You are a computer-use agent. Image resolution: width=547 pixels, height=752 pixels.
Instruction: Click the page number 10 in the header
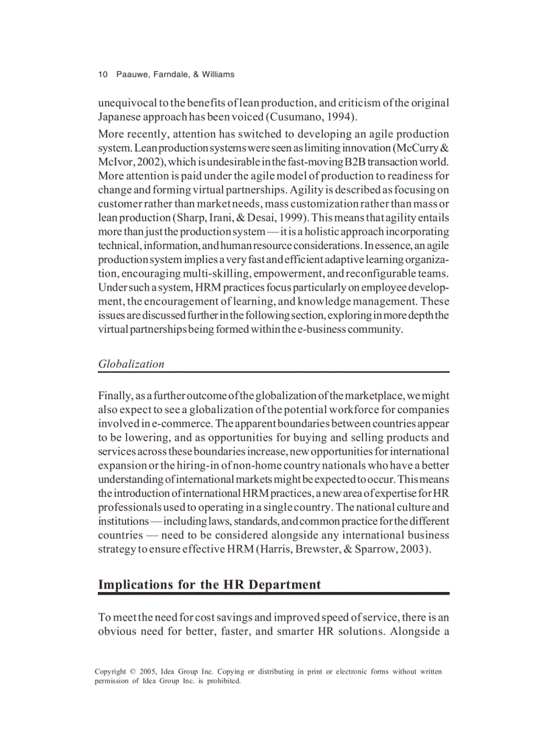point(103,74)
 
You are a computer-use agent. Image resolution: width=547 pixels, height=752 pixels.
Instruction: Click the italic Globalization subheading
point(131,364)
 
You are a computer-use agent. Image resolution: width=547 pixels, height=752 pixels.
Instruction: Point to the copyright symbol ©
point(132,672)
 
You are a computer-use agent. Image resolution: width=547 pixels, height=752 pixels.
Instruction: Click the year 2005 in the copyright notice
point(149,672)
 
